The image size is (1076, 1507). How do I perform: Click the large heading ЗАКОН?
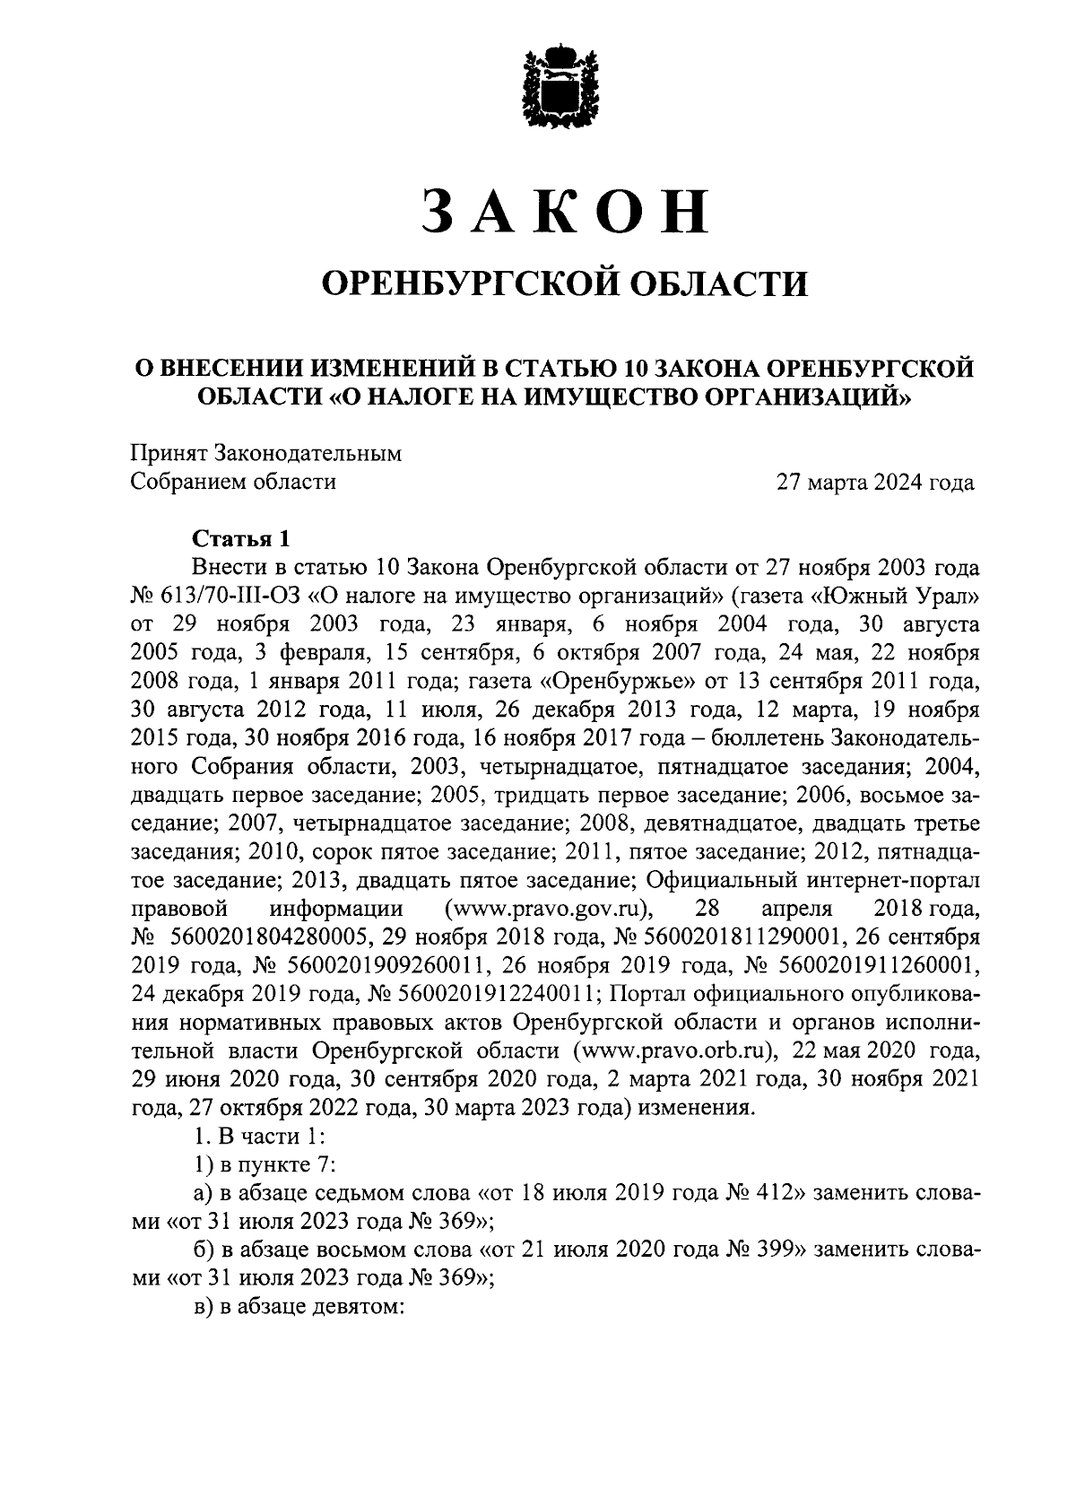click(564, 213)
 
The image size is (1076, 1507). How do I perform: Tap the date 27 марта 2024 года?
click(875, 482)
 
